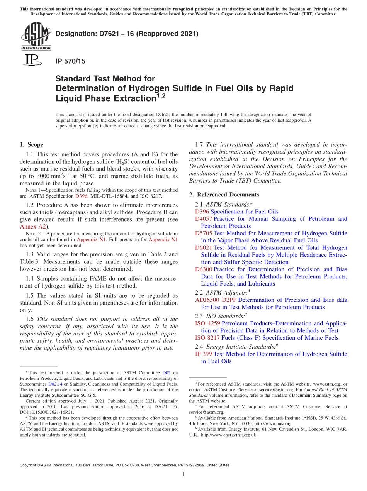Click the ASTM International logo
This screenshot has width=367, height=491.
tap(36, 36)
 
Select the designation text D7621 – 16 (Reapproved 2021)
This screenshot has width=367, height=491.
tap(127, 34)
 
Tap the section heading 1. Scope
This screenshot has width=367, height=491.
tap(31, 145)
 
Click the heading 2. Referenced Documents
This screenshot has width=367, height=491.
tap(224, 195)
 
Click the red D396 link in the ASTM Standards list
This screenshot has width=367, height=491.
tap(202, 212)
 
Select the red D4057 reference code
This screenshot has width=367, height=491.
tap(204, 219)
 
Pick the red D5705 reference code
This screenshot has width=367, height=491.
tap(204, 233)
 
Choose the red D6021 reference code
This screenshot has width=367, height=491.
tap(204, 248)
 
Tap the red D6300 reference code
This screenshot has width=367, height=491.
tap(204, 269)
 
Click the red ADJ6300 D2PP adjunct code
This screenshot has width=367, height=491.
tap(216, 300)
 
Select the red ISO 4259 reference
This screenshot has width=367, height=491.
tap(207, 323)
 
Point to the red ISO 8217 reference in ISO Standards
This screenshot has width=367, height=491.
tap(207, 338)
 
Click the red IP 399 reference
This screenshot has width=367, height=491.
tap(203, 354)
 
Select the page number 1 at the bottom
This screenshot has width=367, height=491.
tap(183, 474)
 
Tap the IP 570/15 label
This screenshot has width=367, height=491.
tap(71, 61)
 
